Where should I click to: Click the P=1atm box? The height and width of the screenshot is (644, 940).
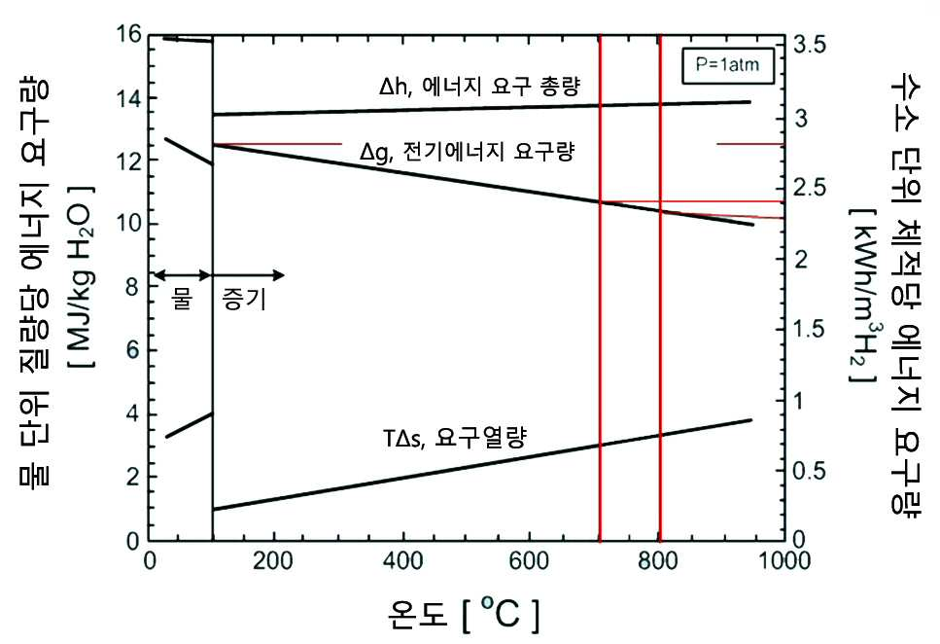[727, 65]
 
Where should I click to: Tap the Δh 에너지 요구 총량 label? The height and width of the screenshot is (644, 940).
[479, 87]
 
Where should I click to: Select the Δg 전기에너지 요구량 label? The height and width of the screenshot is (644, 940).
[467, 151]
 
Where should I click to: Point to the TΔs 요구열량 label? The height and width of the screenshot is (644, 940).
[454, 438]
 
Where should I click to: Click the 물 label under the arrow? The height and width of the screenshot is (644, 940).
[181, 298]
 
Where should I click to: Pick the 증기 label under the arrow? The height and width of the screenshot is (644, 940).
[244, 299]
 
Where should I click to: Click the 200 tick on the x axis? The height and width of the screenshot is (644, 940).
[273, 560]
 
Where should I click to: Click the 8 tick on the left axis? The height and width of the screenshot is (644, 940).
[133, 287]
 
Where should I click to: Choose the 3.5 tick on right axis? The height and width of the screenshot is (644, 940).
[810, 45]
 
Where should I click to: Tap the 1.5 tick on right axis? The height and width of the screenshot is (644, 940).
[810, 330]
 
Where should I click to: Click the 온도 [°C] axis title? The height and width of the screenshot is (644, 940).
[464, 614]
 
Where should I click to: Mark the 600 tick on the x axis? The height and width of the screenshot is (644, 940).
[529, 560]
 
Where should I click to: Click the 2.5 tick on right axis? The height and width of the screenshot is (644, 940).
[810, 188]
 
